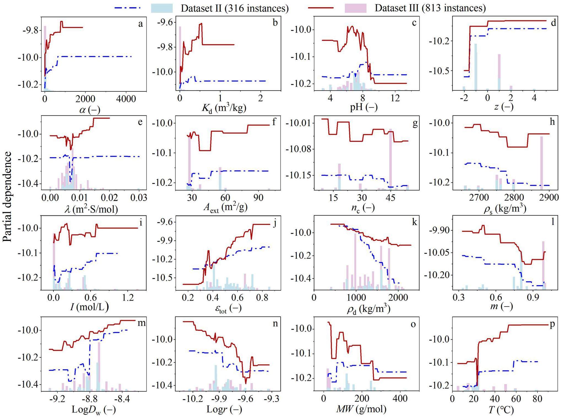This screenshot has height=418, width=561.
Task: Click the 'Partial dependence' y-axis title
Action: [x=7, y=196]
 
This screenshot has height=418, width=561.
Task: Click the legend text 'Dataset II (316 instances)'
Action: [x=235, y=8]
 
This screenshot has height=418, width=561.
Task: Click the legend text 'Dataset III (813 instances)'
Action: [x=430, y=8]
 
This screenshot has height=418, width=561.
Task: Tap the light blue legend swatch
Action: [x=162, y=8]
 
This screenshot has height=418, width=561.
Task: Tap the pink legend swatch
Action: [x=355, y=8]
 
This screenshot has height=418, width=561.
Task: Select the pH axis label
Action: [x=364, y=107]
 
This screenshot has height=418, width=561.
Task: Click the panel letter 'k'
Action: [x=414, y=222]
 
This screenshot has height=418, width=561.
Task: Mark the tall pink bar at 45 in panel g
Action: [x=390, y=158]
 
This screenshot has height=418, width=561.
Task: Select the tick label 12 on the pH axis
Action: [x=395, y=98]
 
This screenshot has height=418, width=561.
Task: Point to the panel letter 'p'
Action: [x=552, y=324]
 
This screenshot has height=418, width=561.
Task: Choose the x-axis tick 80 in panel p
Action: [x=537, y=399]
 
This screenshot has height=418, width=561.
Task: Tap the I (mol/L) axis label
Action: [x=89, y=306]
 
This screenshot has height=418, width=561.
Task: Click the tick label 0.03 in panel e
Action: [x=139, y=198]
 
